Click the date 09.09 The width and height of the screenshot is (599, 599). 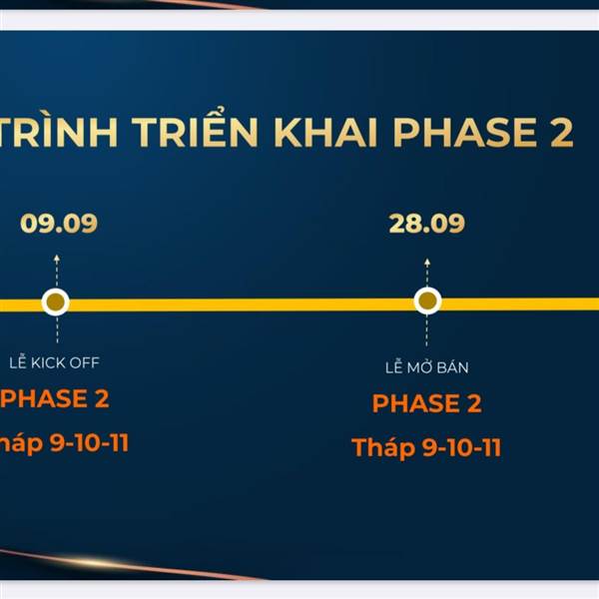tap(59, 224)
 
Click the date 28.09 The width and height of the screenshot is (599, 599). tap(426, 224)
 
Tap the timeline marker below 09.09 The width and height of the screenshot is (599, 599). tap(56, 302)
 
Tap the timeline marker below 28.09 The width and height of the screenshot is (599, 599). tap(427, 300)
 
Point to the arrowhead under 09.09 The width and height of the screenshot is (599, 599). tap(57, 259)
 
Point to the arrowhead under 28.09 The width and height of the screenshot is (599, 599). tap(427, 262)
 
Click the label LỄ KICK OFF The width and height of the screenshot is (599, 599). tap(54, 362)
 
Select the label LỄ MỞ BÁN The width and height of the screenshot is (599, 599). tap(426, 367)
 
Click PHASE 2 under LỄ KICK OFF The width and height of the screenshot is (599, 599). tap(55, 398)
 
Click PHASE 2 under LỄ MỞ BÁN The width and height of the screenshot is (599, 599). tap(426, 403)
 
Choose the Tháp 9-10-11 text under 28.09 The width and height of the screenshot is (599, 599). tap(426, 447)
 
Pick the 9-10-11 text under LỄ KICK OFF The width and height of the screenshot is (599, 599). tap(90, 443)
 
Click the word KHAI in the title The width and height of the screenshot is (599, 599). tap(325, 132)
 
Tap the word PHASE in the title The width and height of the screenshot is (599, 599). tap(464, 132)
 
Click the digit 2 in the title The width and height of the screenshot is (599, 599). tap(562, 132)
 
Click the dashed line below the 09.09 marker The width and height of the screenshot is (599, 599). tap(57, 329)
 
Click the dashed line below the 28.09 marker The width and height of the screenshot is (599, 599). tap(426, 330)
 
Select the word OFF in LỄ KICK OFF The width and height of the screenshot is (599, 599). tap(85, 362)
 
